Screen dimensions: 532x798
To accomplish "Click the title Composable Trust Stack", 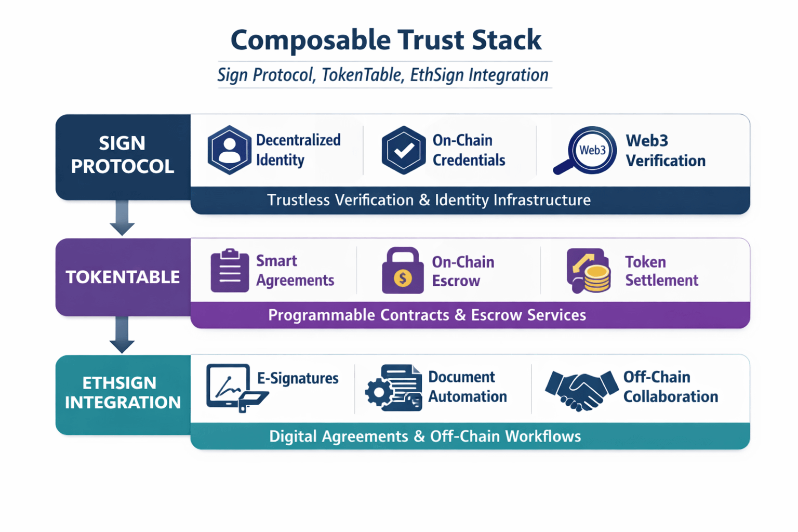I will coord(385,40).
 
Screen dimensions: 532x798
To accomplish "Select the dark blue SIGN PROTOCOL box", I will coord(123,155).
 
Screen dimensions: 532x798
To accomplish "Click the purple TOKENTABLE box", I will coord(123,277).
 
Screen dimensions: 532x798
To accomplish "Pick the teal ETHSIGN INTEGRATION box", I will coord(123,393).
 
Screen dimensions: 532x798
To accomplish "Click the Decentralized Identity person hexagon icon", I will coord(229,150).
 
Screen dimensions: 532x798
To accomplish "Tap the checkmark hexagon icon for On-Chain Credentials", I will coord(403,150).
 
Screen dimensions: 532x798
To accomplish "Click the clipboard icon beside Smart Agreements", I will coord(230,271).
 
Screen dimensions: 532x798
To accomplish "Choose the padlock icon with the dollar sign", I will coord(403,271).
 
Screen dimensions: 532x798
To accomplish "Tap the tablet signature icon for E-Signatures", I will coord(234,388).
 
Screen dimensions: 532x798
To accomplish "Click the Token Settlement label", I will coord(661,271).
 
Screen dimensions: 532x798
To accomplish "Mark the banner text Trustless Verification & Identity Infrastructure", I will coord(429,200).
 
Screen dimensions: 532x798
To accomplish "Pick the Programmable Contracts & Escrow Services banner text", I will coord(427,315).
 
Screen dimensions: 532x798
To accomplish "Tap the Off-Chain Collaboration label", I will coord(670,387).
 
